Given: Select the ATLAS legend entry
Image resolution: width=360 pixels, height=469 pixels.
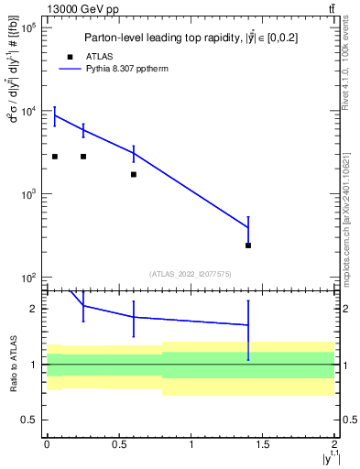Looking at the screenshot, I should point(97,56).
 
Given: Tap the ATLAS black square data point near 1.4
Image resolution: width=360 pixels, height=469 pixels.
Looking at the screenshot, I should point(248,245).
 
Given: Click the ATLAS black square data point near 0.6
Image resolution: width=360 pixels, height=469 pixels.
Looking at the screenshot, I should point(134,174).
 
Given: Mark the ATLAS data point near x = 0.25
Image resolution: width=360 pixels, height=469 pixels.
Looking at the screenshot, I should point(83,157).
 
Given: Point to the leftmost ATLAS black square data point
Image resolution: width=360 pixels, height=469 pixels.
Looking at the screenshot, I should point(55,157).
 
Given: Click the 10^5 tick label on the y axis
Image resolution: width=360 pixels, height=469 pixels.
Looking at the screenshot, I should point(27,28).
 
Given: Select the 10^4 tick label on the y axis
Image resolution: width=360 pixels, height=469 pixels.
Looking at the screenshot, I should point(27,112).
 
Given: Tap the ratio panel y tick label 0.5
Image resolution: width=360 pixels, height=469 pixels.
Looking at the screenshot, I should point(30,420).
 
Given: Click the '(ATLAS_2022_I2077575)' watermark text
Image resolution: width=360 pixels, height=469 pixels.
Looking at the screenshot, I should point(191,273).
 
